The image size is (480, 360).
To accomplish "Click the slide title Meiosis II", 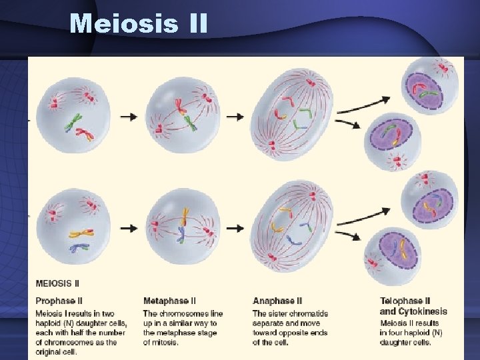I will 139,24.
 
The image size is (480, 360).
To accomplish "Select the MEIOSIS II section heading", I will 57,283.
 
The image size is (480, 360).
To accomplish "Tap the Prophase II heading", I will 59,301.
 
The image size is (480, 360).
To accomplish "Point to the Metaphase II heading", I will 169,301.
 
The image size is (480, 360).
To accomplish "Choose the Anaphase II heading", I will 277,301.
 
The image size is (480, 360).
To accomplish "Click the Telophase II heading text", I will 405,301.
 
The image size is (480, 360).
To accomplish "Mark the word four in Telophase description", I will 403,333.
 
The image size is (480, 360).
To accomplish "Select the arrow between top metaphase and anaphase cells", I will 235,116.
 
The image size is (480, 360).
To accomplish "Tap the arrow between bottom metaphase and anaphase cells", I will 235,228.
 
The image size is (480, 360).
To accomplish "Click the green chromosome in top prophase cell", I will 77,121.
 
